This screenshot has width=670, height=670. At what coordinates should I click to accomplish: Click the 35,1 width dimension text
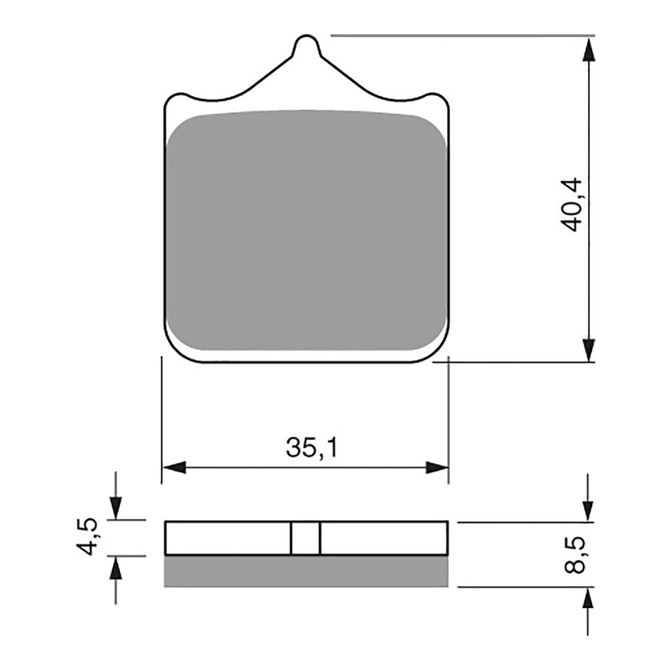pos(306,449)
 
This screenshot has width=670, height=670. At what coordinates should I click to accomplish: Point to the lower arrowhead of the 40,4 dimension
pos(589,349)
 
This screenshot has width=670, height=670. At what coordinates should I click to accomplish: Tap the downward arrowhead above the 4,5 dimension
pos(116,507)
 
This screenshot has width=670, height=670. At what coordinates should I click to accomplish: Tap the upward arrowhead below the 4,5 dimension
pos(116,569)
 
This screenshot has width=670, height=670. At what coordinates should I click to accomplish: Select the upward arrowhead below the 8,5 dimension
pos(589,599)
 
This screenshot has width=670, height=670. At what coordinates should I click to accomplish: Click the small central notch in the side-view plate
pos(306,538)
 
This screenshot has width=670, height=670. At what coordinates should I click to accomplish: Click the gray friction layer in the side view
pos(306,570)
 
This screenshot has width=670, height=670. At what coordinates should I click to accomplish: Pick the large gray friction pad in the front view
pos(306,230)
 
